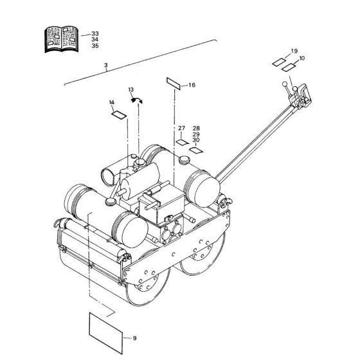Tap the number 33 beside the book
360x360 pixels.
[95, 33]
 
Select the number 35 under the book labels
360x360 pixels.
[95, 46]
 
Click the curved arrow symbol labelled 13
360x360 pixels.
[137, 98]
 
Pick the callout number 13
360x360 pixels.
[130, 89]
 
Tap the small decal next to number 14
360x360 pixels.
[119, 114]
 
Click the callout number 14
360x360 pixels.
[111, 103]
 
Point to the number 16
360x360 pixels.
[192, 85]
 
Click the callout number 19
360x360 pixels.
[294, 51]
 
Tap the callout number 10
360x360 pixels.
[302, 59]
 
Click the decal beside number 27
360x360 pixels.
[183, 143]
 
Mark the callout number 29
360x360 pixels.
[196, 134]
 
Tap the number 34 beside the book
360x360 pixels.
[95, 39]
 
